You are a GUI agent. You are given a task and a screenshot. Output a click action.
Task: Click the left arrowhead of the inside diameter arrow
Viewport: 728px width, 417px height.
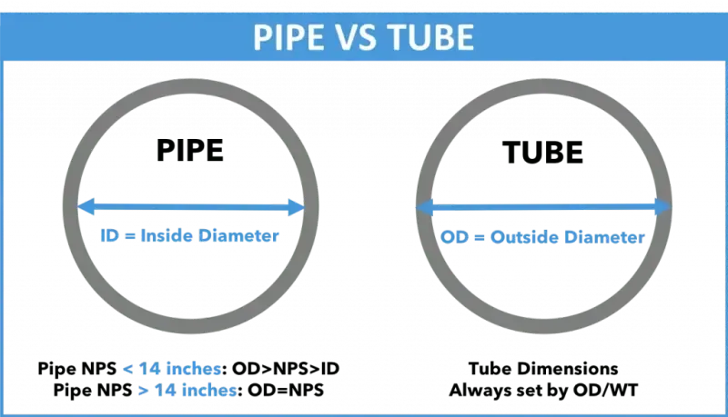click(84, 208)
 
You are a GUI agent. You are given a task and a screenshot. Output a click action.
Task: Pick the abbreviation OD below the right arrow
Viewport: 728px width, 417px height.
click(453, 237)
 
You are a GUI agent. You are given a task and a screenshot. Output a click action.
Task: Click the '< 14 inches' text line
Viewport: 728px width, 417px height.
click(173, 370)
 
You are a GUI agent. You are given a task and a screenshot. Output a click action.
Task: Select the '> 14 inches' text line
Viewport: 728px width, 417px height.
click(187, 390)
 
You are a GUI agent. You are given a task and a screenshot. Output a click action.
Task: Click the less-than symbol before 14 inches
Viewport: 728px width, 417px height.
click(127, 370)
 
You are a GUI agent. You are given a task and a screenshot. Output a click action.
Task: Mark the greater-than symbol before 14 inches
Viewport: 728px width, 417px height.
click(143, 391)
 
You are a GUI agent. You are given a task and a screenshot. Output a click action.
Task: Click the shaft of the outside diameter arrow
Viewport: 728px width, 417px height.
click(543, 208)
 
